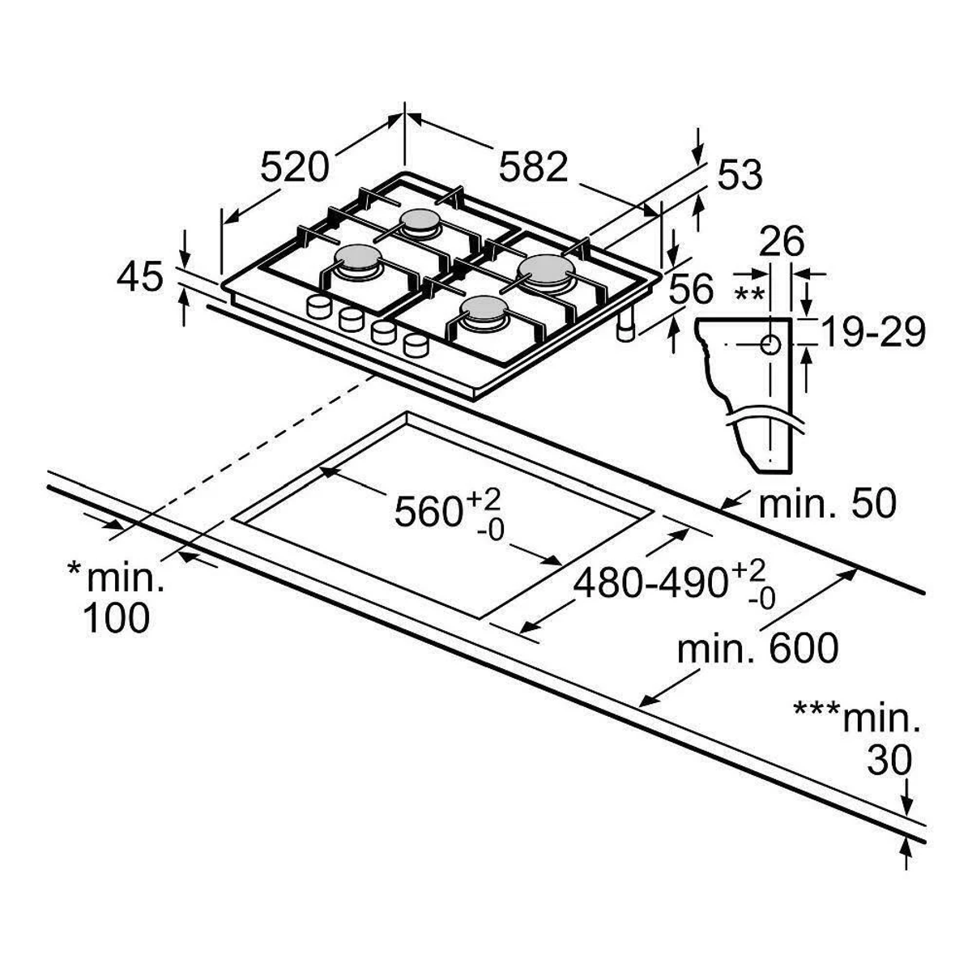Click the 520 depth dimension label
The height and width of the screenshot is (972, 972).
pyautogui.click(x=295, y=167)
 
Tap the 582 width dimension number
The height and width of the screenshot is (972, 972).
pyautogui.click(x=533, y=167)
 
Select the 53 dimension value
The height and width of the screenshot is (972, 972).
pyautogui.click(x=739, y=175)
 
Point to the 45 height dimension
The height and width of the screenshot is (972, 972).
pyautogui.click(x=140, y=277)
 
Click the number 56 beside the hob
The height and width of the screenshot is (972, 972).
pyautogui.click(x=692, y=289)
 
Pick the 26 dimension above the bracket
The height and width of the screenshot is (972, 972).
pyautogui.click(x=782, y=241)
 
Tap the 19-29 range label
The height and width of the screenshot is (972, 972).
pyautogui.click(x=872, y=332)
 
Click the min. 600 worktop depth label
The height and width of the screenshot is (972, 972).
pyautogui.click(x=757, y=648)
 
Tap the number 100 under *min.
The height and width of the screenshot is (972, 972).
pyautogui.click(x=117, y=618)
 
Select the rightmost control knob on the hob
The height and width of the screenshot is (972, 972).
pyautogui.click(x=416, y=343)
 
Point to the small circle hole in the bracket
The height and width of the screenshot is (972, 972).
pyautogui.click(x=769, y=344)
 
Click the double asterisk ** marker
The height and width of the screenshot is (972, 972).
pyautogui.click(x=748, y=292)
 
